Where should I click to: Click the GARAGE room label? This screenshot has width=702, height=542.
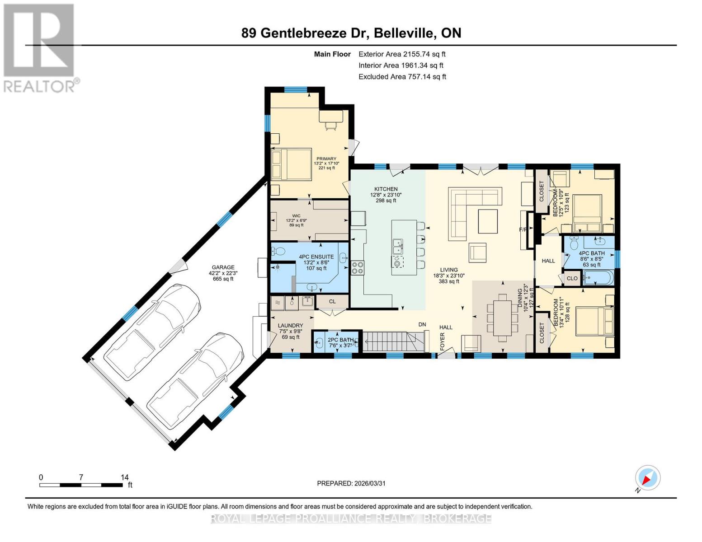pos(221,267)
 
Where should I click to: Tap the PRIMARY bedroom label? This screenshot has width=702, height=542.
pos(326,159)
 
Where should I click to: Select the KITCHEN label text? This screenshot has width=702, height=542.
pos(386,189)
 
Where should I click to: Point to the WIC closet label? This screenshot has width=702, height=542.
pos(296,216)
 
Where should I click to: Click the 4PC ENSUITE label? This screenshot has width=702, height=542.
pos(316,257)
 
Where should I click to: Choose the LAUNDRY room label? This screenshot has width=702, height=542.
pos(290,326)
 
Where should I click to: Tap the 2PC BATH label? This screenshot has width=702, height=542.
pos(340,340)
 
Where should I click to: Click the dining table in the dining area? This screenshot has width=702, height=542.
pos(502,315)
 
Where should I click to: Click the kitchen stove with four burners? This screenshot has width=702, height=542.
pos(358,268)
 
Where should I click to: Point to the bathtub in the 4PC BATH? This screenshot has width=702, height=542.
pos(598,277)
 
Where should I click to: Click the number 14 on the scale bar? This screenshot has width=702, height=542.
pos(125,477)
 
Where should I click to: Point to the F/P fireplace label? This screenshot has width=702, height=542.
pos(523,230)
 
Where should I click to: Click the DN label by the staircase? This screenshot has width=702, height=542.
pos(422,324)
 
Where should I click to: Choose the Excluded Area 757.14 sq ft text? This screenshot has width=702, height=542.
pos(402,77)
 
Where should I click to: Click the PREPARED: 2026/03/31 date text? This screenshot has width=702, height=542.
pos(351,483)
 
